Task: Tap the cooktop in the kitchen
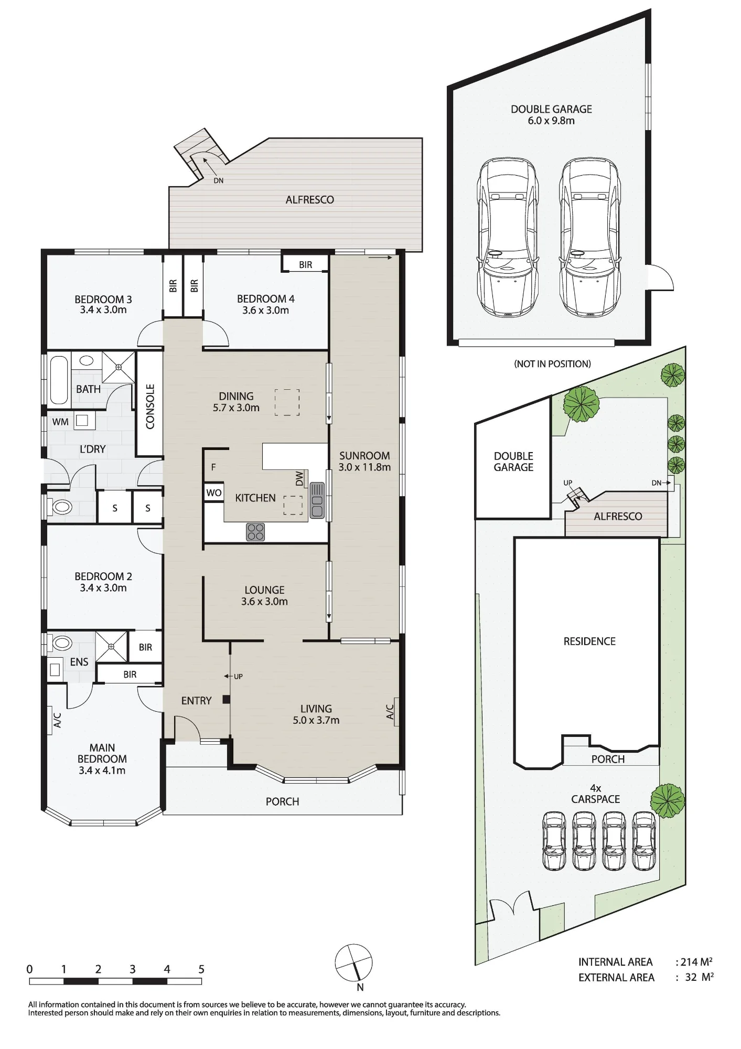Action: (x=255, y=532)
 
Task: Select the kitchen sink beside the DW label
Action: (x=317, y=500)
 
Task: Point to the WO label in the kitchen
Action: (x=213, y=493)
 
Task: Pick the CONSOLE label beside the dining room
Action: (x=150, y=406)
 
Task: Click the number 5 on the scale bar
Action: (x=201, y=969)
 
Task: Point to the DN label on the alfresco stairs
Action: (x=219, y=180)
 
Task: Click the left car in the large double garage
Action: (x=508, y=237)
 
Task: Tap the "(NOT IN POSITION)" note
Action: (x=552, y=363)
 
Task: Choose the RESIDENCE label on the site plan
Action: (x=589, y=641)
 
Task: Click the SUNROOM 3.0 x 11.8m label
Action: (x=364, y=462)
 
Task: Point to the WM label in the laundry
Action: (x=60, y=422)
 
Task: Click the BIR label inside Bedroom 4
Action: (x=306, y=265)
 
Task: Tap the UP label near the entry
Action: (x=238, y=676)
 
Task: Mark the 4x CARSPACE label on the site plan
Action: (x=596, y=794)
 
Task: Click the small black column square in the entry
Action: (x=226, y=699)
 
